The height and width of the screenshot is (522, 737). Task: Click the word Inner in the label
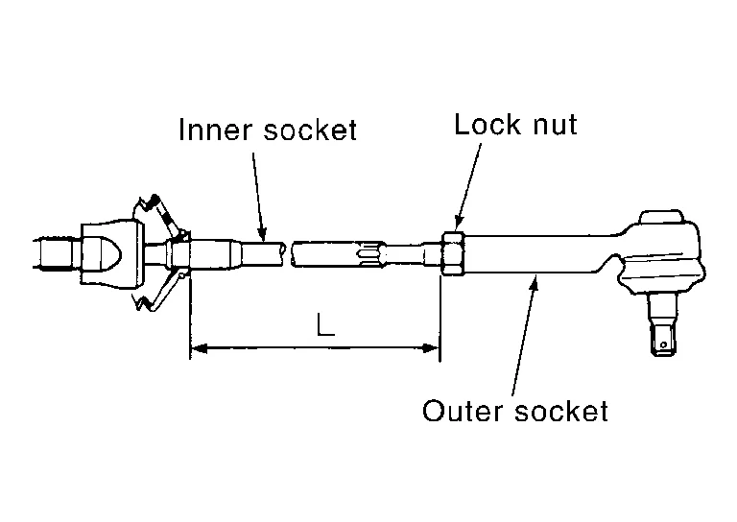[206, 130]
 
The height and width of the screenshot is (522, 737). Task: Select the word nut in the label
[552, 125]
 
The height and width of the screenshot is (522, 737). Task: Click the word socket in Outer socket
[561, 412]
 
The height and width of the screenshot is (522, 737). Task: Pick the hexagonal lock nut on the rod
[452, 253]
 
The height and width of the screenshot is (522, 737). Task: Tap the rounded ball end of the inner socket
[106, 252]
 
